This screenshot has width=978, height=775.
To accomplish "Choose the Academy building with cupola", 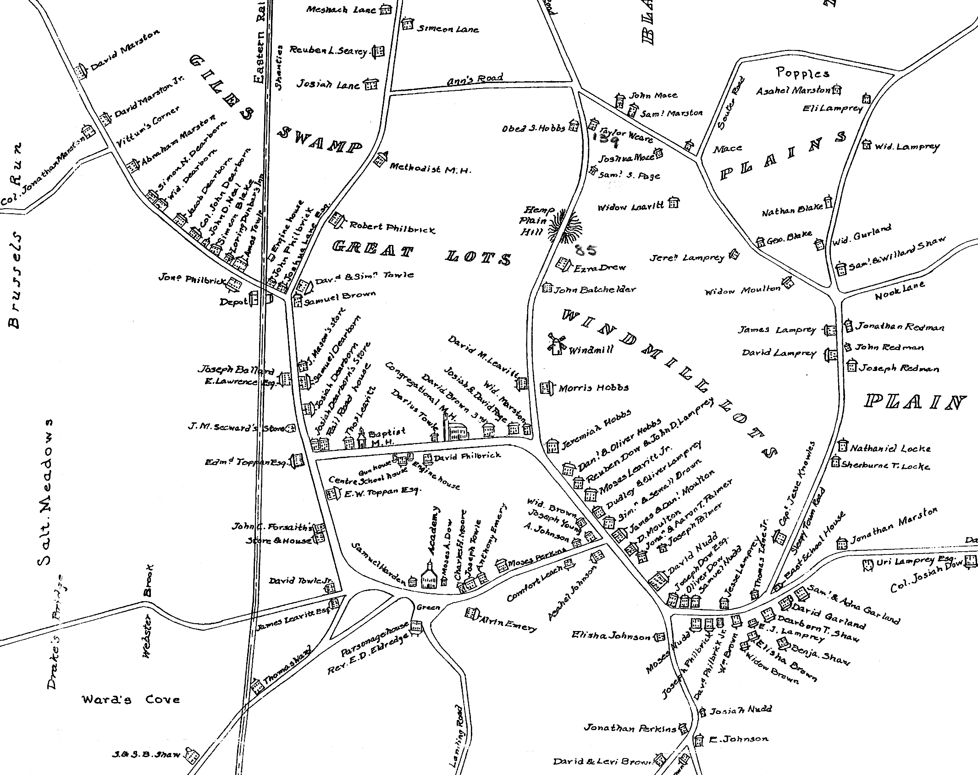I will pyautogui.click(x=428, y=576).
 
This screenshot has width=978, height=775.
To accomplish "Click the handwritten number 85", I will pyautogui.click(x=585, y=250).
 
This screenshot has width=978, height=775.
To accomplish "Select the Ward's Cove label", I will pyautogui.click(x=131, y=700).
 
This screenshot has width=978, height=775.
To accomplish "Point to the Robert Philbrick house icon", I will pyautogui.click(x=337, y=221).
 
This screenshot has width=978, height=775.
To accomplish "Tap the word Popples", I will pyautogui.click(x=802, y=73).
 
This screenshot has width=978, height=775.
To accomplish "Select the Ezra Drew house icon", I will pyautogui.click(x=563, y=265).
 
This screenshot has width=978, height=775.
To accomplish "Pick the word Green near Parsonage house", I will pyautogui.click(x=428, y=607).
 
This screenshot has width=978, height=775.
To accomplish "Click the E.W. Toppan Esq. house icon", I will pyautogui.click(x=332, y=493).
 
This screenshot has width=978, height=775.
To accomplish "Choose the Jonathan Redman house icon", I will pyautogui.click(x=848, y=325).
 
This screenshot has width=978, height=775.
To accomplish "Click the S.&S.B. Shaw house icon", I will pyautogui.click(x=192, y=754).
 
